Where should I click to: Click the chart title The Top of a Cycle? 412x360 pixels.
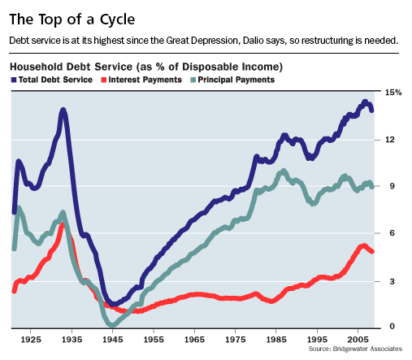pos(72,20)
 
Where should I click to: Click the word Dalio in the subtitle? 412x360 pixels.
pos(253,41)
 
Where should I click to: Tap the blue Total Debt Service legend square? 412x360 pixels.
pos(14,80)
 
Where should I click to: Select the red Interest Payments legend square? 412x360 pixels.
pos(103,80)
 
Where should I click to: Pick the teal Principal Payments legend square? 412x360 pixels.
pos(193,80)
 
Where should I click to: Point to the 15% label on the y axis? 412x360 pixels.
pos(393,93)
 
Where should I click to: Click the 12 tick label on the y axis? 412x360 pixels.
pos(390,140)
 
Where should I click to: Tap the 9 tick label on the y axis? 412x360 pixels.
pos(392,186)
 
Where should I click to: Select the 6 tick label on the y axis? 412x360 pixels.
pos(392,233)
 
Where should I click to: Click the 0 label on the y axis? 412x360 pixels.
pos(392,326)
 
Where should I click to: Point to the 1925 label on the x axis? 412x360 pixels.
pos(31,340)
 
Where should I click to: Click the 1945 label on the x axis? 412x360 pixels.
pos(113,340)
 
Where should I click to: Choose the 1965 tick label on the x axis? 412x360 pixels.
pos(194,340)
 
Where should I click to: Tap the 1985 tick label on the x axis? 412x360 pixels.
pos(276,340)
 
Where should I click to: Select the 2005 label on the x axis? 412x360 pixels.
pos(358,340)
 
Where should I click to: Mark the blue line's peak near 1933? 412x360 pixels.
pos(63,111)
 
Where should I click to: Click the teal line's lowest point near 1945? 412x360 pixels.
pos(112,325)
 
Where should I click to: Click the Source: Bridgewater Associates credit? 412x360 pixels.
pos(355,349)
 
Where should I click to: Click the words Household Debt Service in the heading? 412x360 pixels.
pos(72,67)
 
